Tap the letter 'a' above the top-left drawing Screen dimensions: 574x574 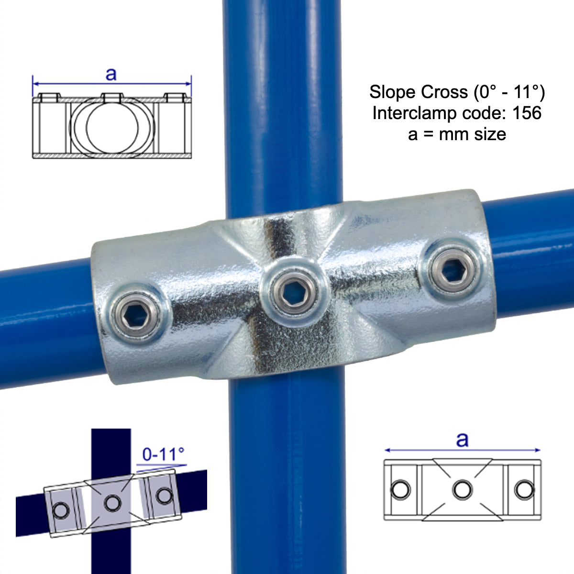tap(111, 74)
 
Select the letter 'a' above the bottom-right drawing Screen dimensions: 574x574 tap(462, 439)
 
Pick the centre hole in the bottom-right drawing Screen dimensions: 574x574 tap(462, 489)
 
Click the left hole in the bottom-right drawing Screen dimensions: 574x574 tap(400, 489)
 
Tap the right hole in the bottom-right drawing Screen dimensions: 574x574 tap(524, 489)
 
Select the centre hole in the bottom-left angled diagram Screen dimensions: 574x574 tap(113, 503)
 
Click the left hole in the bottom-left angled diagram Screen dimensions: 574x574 tap(61, 511)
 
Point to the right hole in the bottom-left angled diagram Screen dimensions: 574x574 tap(164, 495)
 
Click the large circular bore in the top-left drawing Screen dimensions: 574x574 tap(113, 127)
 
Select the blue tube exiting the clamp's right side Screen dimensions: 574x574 tap(531, 254)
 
